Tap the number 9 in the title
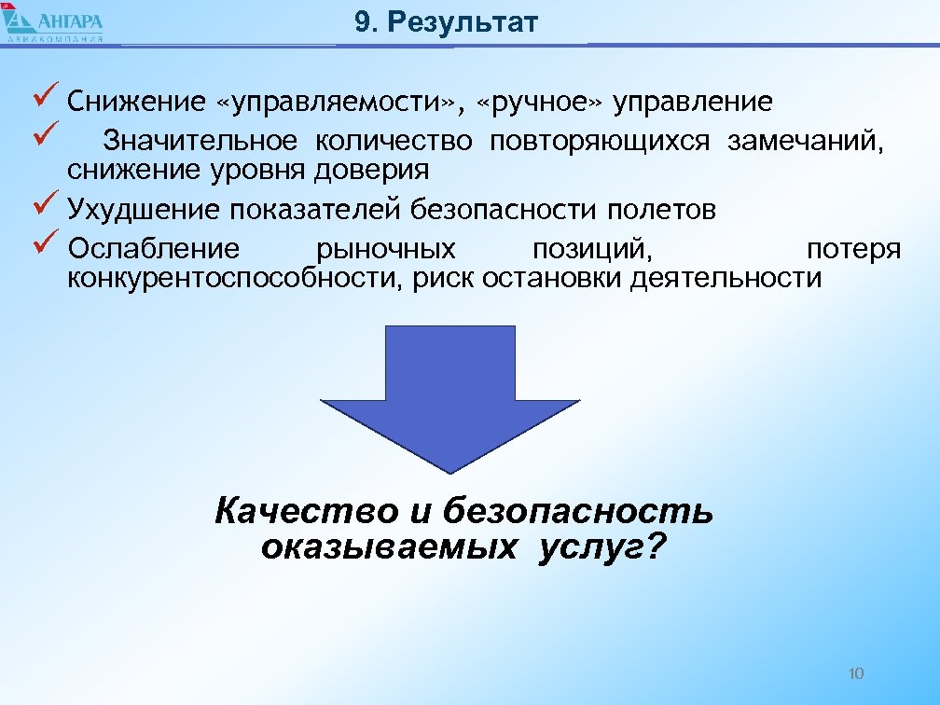point(363,22)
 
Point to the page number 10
point(858,672)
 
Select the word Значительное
point(200,141)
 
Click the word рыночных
point(386,249)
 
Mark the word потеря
point(853,249)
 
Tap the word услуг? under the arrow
point(602,547)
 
